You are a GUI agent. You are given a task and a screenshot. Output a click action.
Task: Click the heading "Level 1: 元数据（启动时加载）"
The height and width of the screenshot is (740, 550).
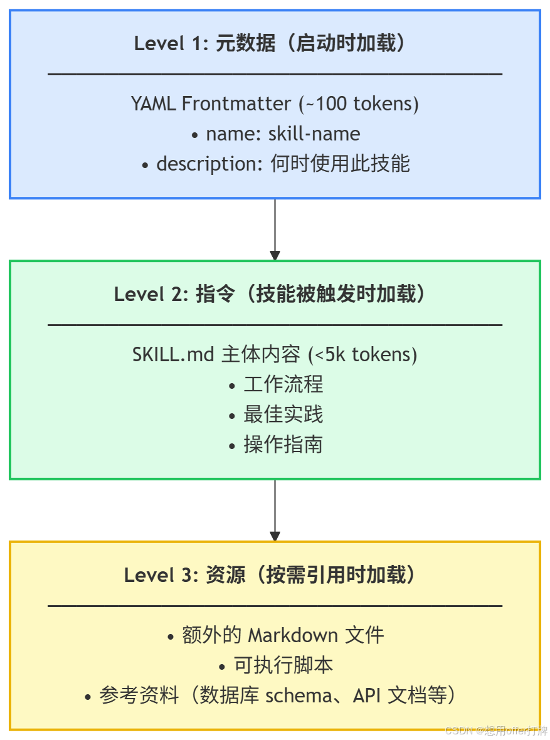point(275,44)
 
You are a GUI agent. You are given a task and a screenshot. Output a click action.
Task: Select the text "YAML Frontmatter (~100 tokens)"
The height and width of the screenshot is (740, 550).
point(275,103)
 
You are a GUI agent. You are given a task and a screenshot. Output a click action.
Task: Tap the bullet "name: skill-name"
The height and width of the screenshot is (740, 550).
point(282,134)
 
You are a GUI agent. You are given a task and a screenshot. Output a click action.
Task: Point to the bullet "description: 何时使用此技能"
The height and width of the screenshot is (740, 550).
point(282,164)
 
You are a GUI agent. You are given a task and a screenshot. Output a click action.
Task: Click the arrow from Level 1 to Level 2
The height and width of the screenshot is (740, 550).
point(275,230)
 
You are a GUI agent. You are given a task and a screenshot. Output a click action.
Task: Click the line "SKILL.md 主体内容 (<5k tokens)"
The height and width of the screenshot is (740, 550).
point(275,354)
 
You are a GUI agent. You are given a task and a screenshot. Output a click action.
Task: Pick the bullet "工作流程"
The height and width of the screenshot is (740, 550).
point(283,384)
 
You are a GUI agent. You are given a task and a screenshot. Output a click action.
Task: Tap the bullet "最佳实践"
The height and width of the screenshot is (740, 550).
point(283,414)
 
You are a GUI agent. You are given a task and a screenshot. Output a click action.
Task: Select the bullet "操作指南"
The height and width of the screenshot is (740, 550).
point(283,444)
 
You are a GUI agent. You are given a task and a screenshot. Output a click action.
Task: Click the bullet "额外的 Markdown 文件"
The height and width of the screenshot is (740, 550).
point(282,635)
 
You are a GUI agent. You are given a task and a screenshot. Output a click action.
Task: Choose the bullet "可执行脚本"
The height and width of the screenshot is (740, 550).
point(283,665)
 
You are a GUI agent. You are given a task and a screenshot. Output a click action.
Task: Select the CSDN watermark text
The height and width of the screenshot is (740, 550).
point(495,731)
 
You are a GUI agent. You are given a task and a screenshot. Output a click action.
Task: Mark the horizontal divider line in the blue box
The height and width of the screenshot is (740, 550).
point(275,74)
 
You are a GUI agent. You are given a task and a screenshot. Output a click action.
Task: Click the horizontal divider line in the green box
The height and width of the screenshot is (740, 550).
point(275,325)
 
